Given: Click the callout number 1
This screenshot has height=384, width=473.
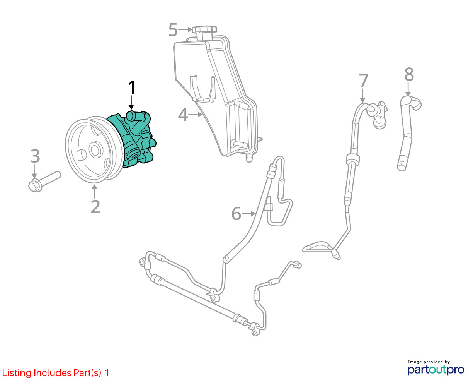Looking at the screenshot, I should click(132, 88).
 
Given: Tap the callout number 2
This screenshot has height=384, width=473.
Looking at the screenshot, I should click(95, 207).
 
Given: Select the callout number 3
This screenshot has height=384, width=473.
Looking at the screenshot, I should click(35, 156).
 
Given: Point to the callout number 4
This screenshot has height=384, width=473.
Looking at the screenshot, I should click(183, 115).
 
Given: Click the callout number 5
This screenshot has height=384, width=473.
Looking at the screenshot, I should click(173, 30).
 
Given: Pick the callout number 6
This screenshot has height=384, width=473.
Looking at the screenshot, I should click(236, 214).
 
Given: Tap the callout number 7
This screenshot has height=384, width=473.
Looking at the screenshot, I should click(363, 81).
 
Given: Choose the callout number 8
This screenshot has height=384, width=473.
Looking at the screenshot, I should click(409, 75).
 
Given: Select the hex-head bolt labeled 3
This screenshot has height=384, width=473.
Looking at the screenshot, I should click(44, 181).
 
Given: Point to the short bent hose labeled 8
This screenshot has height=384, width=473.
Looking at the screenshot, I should click(407, 132).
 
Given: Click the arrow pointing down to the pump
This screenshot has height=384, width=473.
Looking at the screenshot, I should click(131, 103).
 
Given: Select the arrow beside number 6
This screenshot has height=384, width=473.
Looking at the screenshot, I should click(249, 213).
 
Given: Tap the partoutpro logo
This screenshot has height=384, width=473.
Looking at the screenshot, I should click(436, 370).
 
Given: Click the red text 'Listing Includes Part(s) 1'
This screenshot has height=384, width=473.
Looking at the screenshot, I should click(56, 373).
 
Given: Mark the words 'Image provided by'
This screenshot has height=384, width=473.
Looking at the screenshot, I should click(429, 362).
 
